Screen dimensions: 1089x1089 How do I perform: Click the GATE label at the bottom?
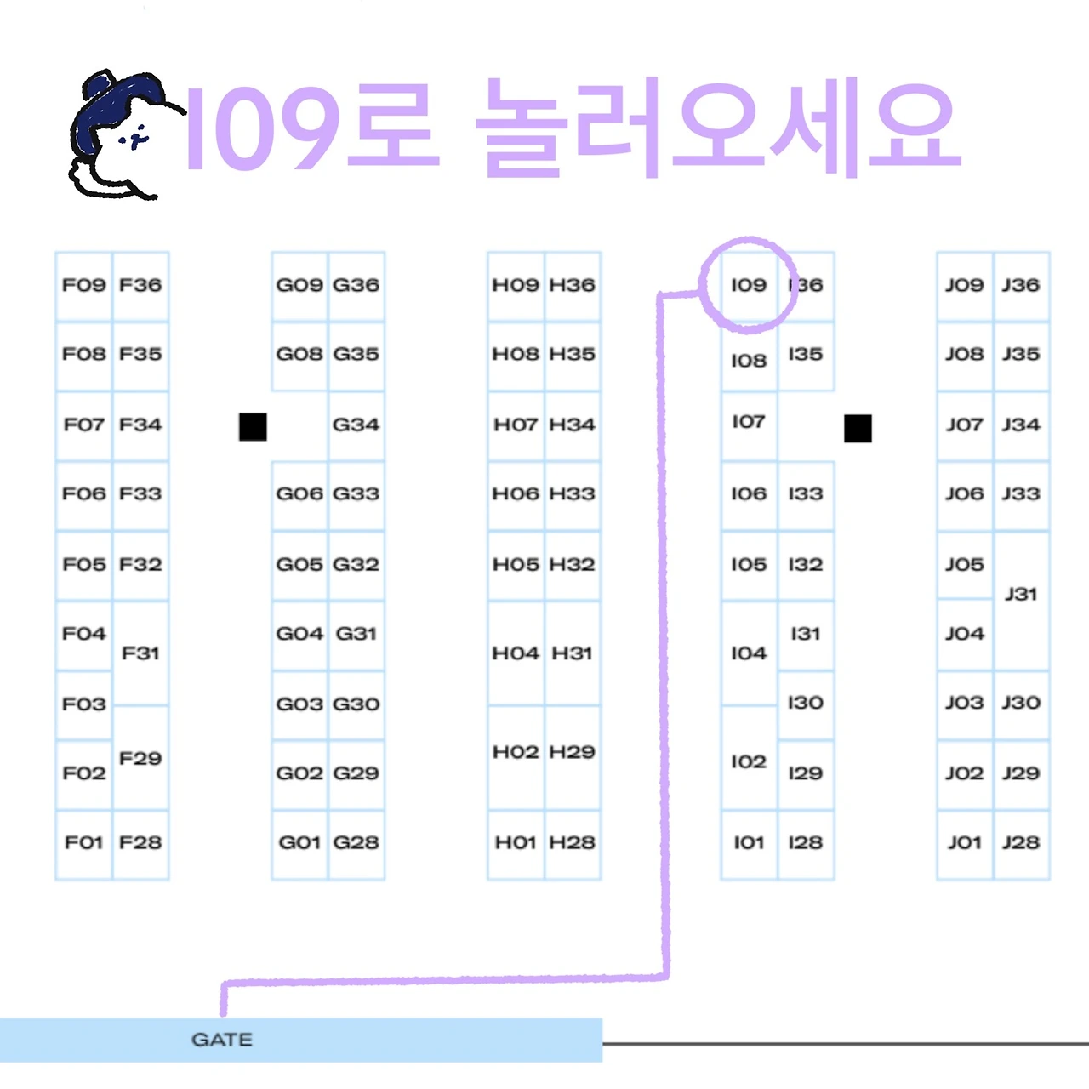pos(222,1040)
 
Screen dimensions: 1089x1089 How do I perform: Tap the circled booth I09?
pos(749,285)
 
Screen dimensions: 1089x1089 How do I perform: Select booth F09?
pos(83,285)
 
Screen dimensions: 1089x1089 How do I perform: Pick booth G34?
pos(356,425)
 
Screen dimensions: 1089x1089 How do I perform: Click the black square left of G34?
pos(253,427)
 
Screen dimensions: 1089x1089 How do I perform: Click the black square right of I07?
pos(858,429)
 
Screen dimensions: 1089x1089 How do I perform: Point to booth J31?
pos(1021,594)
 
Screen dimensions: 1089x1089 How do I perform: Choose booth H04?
pos(516,653)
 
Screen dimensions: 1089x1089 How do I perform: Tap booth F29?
pos(140,758)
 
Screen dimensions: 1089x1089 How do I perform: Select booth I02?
pos(749,761)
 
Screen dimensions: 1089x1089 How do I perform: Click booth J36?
pos(1021,285)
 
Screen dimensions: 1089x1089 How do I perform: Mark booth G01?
pos(299,842)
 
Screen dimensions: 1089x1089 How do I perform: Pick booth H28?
pos(572,842)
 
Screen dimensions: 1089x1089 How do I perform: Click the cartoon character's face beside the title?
pos(132,136)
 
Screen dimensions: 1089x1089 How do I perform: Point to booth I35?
pos(805,354)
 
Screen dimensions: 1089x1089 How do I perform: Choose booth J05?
pos(964,564)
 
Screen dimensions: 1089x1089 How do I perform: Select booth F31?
pos(140,653)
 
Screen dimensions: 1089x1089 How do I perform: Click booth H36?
pos(572,285)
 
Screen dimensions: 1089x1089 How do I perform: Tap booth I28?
pos(805,842)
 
